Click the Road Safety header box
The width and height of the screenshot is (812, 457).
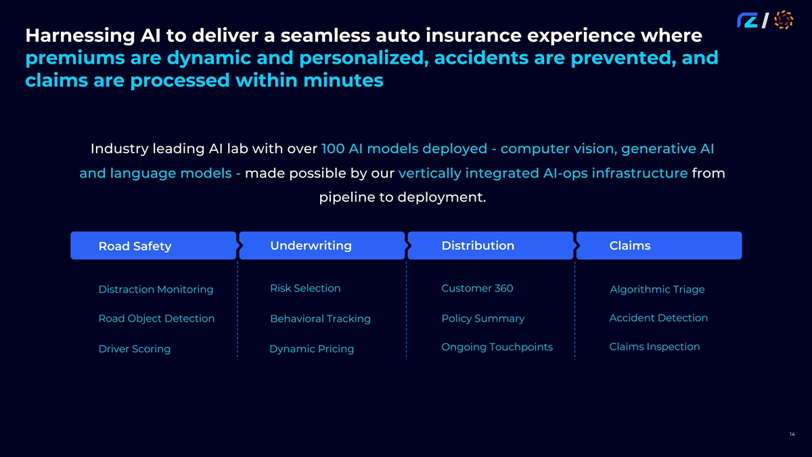153,246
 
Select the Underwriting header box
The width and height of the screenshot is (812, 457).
321,246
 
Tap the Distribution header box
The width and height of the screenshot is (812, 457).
490,246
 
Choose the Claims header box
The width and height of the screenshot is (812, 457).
658,246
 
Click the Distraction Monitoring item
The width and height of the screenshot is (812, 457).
156,290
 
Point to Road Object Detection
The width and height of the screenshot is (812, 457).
156,319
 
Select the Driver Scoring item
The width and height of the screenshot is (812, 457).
135,349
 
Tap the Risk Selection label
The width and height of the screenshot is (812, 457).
305,288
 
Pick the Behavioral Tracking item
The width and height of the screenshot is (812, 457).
320,319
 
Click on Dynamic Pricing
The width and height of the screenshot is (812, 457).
311,349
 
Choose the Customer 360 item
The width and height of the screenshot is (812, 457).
477,288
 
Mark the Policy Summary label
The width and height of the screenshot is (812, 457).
482,319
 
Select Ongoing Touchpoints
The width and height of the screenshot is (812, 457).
497,347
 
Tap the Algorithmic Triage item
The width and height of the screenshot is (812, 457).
657,290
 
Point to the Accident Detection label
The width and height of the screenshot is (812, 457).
658,318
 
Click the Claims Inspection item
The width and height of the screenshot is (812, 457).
654,347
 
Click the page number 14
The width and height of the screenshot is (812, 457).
792,434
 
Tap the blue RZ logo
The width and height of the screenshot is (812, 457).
747,21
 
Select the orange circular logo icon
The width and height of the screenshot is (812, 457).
783,20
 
